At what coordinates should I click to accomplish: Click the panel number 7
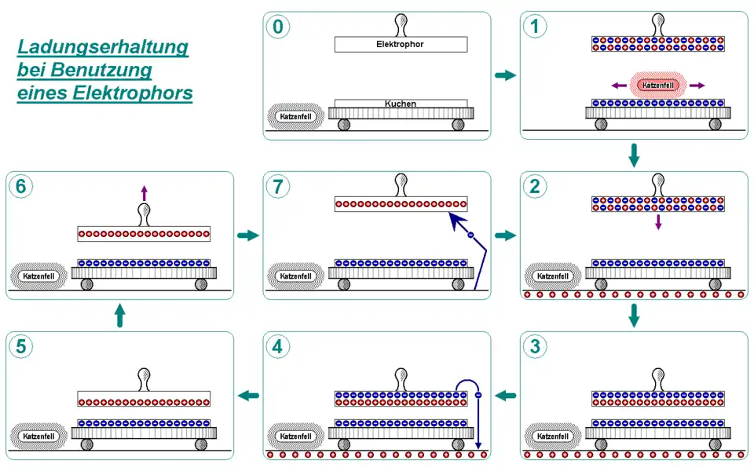pyautogui.click(x=278, y=187)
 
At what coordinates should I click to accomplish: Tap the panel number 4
pyautogui.click(x=278, y=347)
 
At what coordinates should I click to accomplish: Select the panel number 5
pyautogui.click(x=21, y=347)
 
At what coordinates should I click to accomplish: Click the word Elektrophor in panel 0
pyautogui.click(x=400, y=45)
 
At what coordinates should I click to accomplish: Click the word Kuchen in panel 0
pyautogui.click(x=400, y=104)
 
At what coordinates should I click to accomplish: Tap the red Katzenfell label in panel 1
pyautogui.click(x=658, y=86)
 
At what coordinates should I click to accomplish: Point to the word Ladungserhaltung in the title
pyautogui.click(x=103, y=48)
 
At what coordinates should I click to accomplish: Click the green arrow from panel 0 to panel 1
pyautogui.click(x=505, y=75)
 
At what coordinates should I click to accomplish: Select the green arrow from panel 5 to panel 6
pyautogui.click(x=119, y=316)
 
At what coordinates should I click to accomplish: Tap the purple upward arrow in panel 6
pyautogui.click(x=144, y=192)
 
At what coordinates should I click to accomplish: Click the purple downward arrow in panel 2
pyautogui.click(x=658, y=223)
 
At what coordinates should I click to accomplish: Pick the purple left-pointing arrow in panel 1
pyautogui.click(x=620, y=86)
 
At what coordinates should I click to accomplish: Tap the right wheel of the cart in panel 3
pyautogui.click(x=714, y=444)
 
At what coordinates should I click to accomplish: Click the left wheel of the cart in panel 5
pyautogui.click(x=86, y=444)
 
